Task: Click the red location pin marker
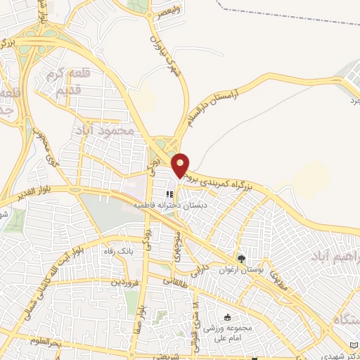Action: tap(181, 165)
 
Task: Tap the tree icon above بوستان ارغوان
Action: tap(242, 258)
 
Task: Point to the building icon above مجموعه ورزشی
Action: tap(226, 318)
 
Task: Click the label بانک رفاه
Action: tap(117, 251)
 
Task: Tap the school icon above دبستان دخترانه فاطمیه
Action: tap(169, 195)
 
